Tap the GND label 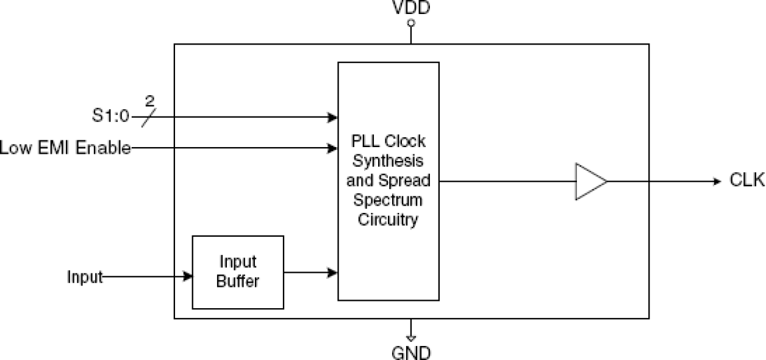click(x=411, y=352)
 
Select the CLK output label click(x=746, y=181)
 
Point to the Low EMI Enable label click(x=65, y=148)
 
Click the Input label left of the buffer click(x=85, y=277)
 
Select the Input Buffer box click(x=238, y=272)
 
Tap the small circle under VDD click(x=411, y=23)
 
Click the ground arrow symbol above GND click(x=411, y=337)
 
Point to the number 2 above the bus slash click(x=150, y=100)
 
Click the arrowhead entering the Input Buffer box click(x=188, y=277)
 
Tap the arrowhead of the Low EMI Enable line click(x=334, y=148)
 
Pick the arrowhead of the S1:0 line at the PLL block click(x=334, y=117)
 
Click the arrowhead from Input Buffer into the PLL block click(x=334, y=273)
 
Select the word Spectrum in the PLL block click(x=388, y=200)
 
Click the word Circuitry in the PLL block click(x=388, y=219)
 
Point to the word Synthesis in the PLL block click(x=388, y=162)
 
